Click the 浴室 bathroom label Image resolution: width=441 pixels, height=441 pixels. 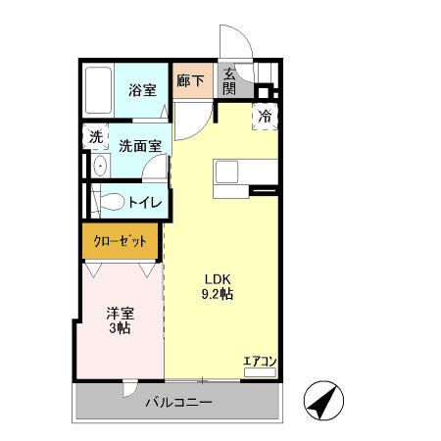pyautogui.click(x=143, y=90)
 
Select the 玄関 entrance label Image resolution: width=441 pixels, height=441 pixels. pyautogui.click(x=228, y=81)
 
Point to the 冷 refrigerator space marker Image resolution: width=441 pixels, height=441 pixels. pyautogui.click(x=265, y=115)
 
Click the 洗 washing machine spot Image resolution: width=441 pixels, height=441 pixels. pyautogui.click(x=95, y=137)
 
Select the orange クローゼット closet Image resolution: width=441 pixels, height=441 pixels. pyautogui.click(x=121, y=241)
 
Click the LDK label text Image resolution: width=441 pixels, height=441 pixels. pyautogui.click(x=216, y=276)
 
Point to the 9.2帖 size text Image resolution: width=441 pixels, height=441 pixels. pyautogui.click(x=217, y=293)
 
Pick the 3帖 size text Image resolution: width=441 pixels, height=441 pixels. pyautogui.click(x=120, y=329)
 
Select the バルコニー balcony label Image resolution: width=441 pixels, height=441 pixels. pyautogui.click(x=179, y=403)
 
